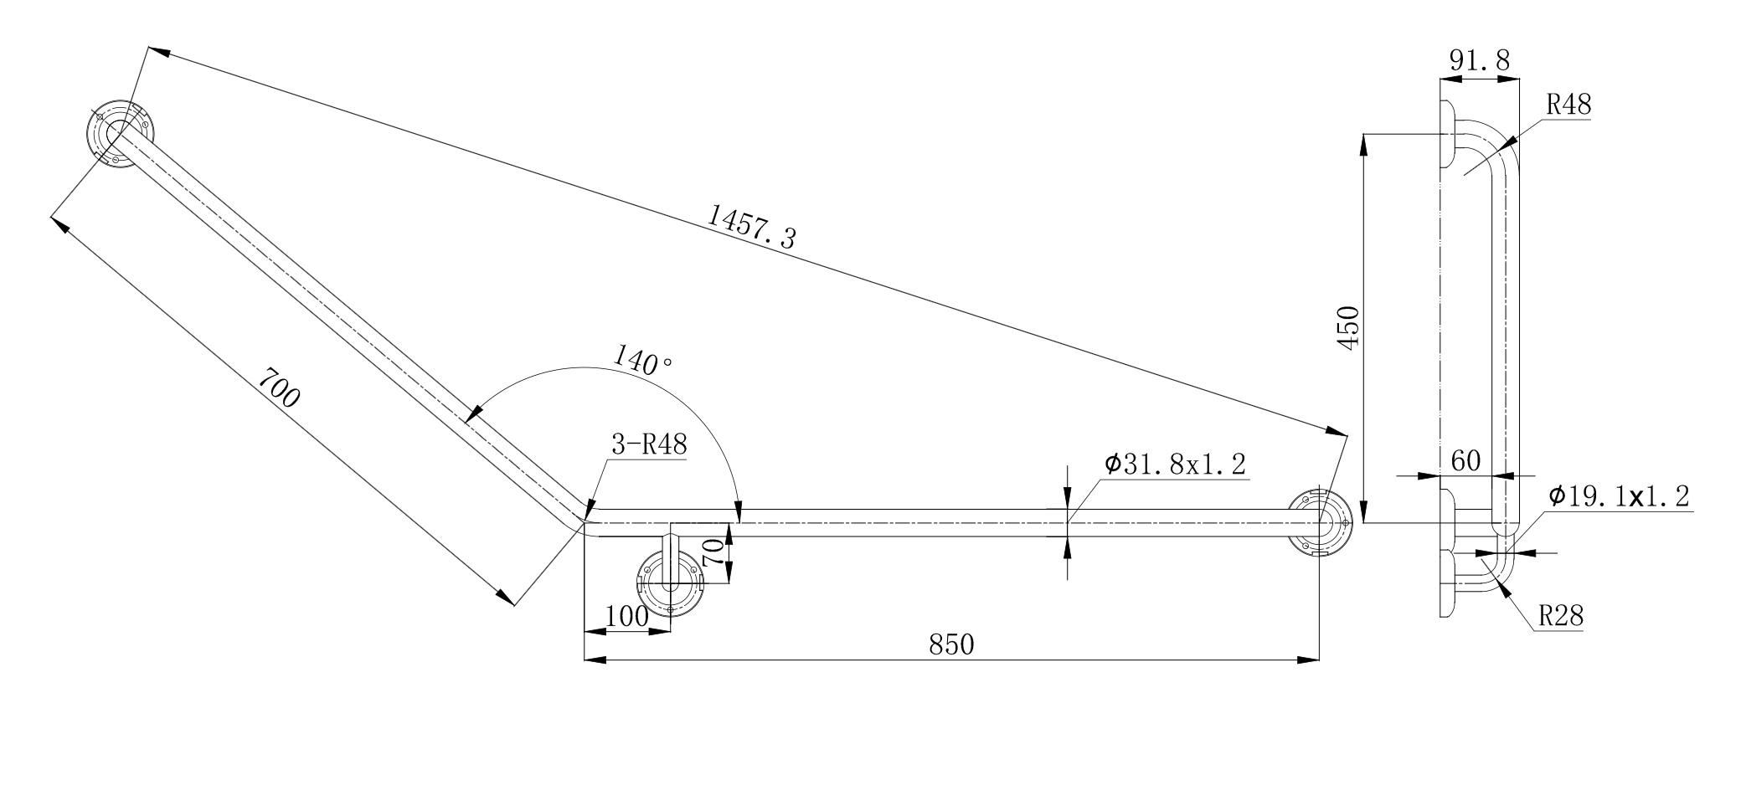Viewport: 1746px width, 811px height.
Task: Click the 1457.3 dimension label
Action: click(751, 228)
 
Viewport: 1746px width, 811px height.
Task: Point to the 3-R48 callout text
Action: click(649, 445)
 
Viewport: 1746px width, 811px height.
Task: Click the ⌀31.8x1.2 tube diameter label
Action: click(1175, 465)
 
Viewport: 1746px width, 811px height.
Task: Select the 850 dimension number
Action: click(951, 644)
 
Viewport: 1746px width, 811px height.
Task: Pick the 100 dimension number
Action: click(626, 618)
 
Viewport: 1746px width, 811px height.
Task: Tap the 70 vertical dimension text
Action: click(713, 554)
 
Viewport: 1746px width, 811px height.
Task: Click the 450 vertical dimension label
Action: click(1349, 328)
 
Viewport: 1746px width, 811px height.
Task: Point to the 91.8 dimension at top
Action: click(1479, 60)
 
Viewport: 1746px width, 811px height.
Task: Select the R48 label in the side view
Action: click(1568, 106)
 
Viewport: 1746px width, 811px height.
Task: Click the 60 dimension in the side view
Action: click(1465, 461)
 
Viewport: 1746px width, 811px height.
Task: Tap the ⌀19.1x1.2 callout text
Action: click(1618, 495)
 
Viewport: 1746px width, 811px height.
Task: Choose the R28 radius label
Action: click(1561, 618)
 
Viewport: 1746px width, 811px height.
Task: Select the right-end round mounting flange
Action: click(1319, 523)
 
